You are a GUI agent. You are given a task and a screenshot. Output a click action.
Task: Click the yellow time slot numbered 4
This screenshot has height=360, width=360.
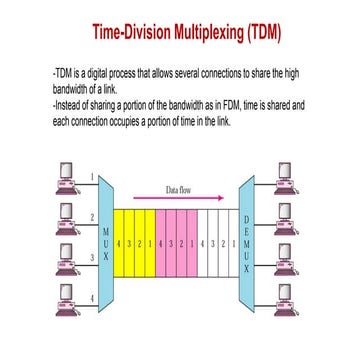pos(118,243)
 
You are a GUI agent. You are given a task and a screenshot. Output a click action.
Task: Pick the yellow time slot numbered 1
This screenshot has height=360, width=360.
pos(148,243)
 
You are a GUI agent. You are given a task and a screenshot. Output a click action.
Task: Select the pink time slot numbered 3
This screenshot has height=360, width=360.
pos(170,243)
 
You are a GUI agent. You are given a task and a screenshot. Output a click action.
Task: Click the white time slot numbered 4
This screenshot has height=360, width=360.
pos(203,243)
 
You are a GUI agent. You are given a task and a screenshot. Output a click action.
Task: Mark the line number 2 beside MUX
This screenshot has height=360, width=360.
pos(93,216)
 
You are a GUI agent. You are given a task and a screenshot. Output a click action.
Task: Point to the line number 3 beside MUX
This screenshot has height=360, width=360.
pos(93,258)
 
